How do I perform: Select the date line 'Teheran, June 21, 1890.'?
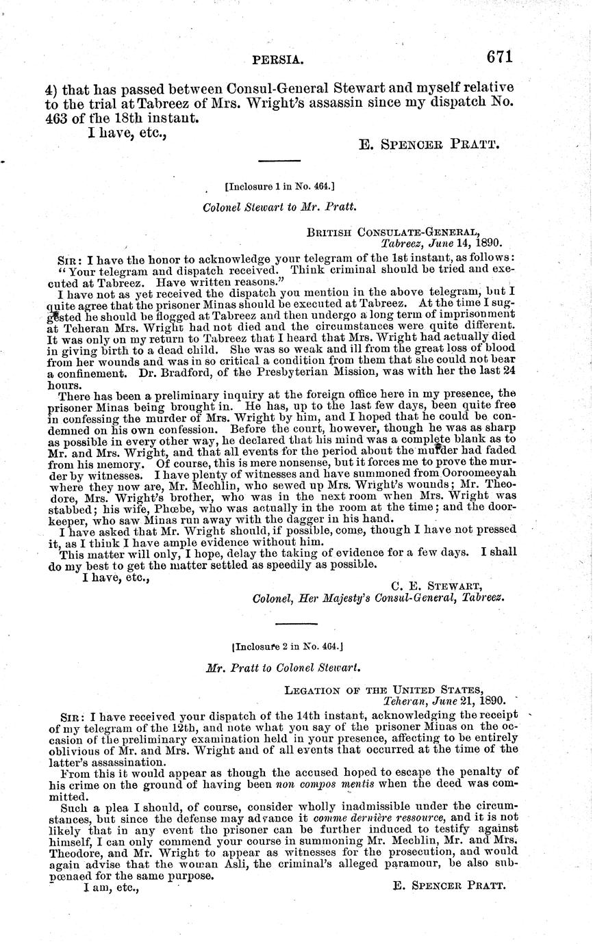pos(444,700)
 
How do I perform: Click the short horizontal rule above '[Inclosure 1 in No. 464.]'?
pos(279,161)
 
